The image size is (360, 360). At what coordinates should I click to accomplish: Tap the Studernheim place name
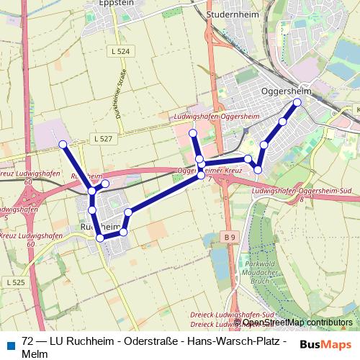pyautogui.click(x=228, y=14)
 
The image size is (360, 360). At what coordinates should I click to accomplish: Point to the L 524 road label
pyautogui.click(x=122, y=52)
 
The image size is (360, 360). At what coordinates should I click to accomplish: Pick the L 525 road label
pyautogui.click(x=14, y=282)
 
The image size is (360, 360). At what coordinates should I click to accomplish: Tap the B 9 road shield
pyautogui.click(x=229, y=236)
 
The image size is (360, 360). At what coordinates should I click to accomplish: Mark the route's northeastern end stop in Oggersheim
pyautogui.click(x=297, y=102)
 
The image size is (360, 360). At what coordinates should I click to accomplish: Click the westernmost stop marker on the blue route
pyautogui.click(x=63, y=145)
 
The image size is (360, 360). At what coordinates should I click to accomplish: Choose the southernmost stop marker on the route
pyautogui.click(x=101, y=237)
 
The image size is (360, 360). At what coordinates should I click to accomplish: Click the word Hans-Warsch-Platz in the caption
pyautogui.click(x=234, y=341)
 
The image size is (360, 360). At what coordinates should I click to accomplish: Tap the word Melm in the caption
pyautogui.click(x=35, y=354)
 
